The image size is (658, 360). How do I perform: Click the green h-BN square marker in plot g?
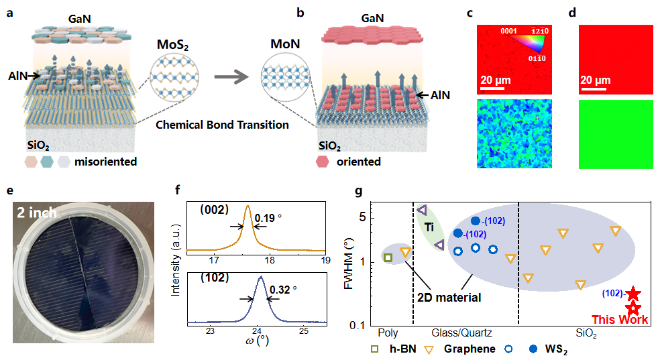pyautogui.click(x=388, y=257)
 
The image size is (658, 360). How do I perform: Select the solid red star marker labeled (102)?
pyautogui.click(x=633, y=294)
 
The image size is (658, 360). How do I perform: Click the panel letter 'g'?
pyautogui.click(x=359, y=191)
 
